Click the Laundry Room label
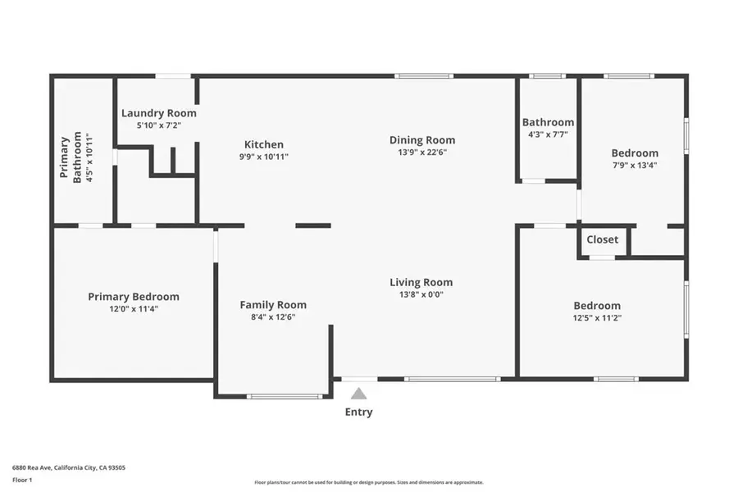(159, 113)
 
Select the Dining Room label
(422, 140)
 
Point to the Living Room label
(421, 282)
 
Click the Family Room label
(273, 305)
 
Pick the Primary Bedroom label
(134, 297)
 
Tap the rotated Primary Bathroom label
(71, 157)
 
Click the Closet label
(603, 240)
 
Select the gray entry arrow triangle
(359, 394)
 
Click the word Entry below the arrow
(359, 412)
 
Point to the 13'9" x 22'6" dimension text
(422, 152)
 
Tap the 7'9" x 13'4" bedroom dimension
(635, 164)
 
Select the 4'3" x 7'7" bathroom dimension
(548, 134)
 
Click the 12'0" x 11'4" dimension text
(134, 309)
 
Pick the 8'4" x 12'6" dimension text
(273, 317)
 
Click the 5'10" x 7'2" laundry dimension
(159, 125)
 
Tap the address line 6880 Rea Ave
(69, 467)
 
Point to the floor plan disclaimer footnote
(369, 482)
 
